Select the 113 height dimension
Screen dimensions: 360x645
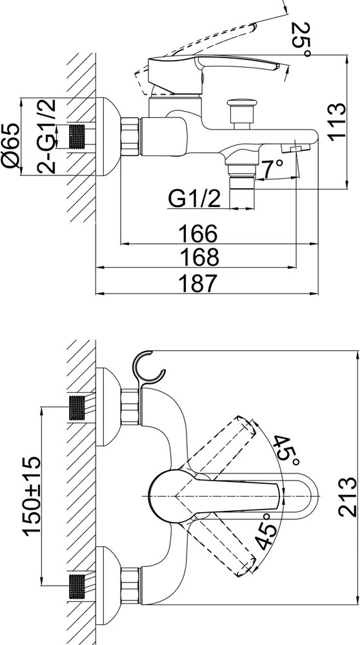point(337,121)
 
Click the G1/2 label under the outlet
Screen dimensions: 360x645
point(194,199)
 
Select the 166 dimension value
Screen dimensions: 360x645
point(198,233)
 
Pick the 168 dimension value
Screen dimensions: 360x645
point(199,257)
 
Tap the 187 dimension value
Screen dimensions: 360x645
point(198,283)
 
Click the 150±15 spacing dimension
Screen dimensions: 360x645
point(32,495)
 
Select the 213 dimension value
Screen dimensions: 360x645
point(348,497)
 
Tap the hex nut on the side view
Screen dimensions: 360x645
point(130,136)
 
